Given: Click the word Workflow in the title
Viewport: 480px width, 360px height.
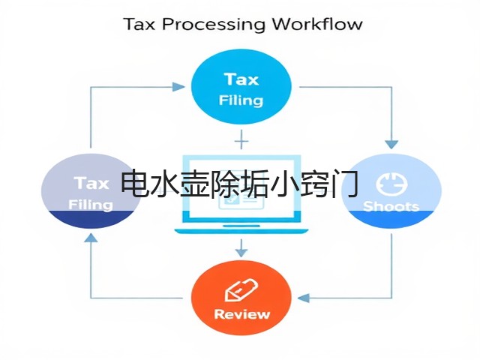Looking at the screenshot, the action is (317, 24).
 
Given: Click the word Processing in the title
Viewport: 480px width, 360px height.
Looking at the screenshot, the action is (213, 25).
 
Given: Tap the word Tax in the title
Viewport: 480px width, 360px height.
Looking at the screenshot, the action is (139, 24).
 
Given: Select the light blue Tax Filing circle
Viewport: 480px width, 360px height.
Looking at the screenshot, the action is (241, 87).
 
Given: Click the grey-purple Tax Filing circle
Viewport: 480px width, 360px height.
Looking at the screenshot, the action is (91, 191).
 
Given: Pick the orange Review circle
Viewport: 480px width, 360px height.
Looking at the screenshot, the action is (241, 298).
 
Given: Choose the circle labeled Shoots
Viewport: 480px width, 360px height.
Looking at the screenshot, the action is (391, 191).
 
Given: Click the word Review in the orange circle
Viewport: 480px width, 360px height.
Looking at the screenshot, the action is (241, 314).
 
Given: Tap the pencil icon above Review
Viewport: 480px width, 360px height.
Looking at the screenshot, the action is (241, 289).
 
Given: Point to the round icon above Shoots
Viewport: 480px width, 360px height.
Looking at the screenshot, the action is (391, 184).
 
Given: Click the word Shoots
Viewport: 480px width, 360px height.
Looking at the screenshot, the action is (391, 206).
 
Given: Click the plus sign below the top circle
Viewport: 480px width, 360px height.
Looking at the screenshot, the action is (241, 141).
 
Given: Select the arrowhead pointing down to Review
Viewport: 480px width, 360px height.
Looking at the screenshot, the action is (241, 253).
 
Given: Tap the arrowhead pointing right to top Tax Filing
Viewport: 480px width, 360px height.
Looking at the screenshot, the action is (178, 87).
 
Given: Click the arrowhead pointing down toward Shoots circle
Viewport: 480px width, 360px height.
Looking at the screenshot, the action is (391, 145).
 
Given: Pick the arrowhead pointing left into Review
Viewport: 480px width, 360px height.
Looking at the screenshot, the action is (303, 298).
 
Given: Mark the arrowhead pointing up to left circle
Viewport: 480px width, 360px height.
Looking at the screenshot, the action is (91, 238).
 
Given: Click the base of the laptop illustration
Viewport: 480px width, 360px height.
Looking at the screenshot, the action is (241, 231).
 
